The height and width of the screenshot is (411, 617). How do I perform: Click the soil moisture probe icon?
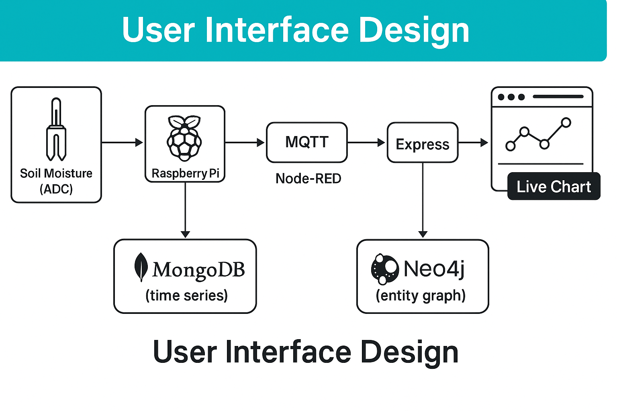(x=56, y=129)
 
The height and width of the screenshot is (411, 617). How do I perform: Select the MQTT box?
(x=307, y=142)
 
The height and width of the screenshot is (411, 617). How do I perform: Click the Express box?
(x=423, y=143)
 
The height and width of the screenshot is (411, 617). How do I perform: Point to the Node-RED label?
(x=308, y=178)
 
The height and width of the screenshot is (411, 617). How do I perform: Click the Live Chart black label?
(x=554, y=187)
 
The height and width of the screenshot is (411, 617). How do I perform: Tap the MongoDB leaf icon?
(x=141, y=267)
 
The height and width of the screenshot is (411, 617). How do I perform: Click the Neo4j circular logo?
(x=384, y=269)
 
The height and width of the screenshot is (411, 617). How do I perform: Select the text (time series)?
(x=186, y=295)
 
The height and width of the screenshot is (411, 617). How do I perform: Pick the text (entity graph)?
(x=421, y=295)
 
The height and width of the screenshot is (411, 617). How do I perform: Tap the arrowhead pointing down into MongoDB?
(x=185, y=234)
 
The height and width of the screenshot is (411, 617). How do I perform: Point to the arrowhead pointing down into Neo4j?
(x=423, y=234)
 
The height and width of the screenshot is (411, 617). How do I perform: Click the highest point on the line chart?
(x=566, y=122)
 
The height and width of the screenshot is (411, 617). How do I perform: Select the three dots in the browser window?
(x=511, y=97)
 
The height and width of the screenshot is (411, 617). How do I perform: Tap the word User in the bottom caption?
(x=184, y=352)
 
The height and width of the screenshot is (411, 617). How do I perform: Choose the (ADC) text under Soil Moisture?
(x=56, y=189)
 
